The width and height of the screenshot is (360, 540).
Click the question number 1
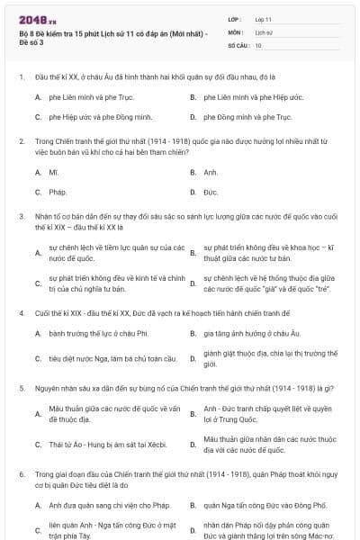tap(21, 76)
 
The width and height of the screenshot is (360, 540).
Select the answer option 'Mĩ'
tap(53, 171)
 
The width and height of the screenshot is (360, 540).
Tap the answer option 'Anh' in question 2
tap(211, 171)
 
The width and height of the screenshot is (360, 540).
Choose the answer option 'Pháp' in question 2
tap(58, 192)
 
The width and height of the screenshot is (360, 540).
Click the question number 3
tap(21, 216)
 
